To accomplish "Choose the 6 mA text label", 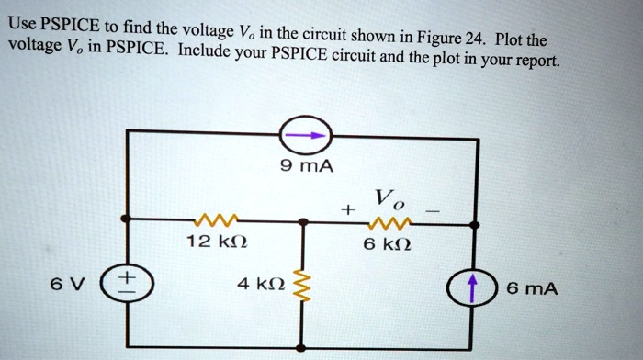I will (532, 288).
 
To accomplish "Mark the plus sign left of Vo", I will (347, 210).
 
